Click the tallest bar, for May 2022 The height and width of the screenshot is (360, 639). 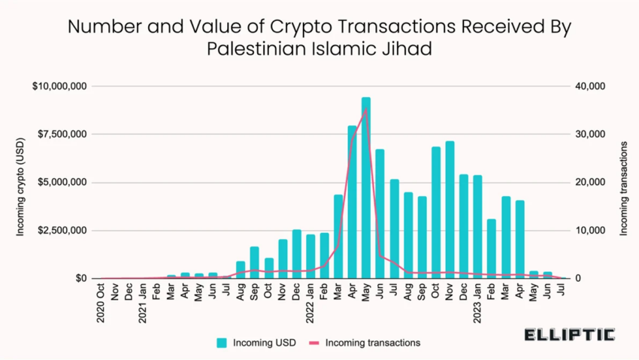366,188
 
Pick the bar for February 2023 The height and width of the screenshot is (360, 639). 492,249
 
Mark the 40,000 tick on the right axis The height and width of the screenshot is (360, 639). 590,86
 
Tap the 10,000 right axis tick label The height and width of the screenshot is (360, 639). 590,231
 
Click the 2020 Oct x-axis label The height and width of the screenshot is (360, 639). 101,303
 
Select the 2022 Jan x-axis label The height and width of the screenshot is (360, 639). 310,303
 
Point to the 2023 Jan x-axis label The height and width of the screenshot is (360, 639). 477,303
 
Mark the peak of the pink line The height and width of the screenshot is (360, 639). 366,110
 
